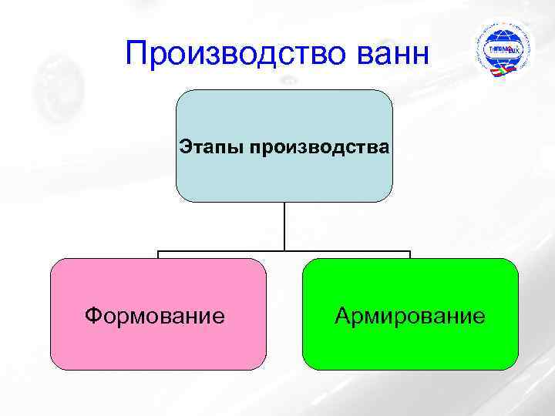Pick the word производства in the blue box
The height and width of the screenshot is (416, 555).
tap(319, 145)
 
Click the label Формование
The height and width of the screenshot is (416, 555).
tap(155, 315)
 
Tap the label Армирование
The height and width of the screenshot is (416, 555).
tap(410, 315)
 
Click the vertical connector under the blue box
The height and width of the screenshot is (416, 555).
tap(284, 226)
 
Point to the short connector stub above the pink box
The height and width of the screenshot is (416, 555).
tap(159, 254)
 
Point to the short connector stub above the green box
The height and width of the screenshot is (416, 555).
tap(410, 254)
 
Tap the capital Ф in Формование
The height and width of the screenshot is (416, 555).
tap(93, 315)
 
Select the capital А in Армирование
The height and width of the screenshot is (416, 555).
tap(343, 315)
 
